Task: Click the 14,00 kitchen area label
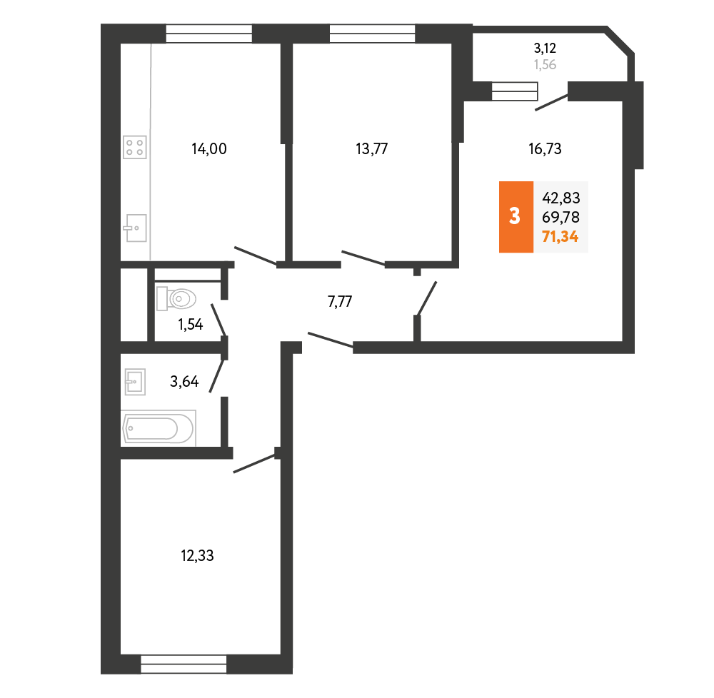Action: (x=209, y=148)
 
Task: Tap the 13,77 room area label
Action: (x=371, y=148)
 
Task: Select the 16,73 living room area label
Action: (x=545, y=148)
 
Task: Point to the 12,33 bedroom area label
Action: (x=197, y=555)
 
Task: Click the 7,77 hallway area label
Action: (x=340, y=301)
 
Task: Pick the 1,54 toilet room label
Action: (x=191, y=325)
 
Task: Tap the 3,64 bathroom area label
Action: (x=184, y=381)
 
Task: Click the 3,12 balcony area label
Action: (x=545, y=49)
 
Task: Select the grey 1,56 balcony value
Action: (x=545, y=65)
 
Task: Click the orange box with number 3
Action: (x=516, y=216)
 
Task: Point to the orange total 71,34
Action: (x=560, y=237)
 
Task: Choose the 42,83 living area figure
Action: (x=560, y=198)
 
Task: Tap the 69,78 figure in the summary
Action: (x=560, y=217)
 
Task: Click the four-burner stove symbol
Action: (x=135, y=147)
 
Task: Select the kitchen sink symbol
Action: (x=135, y=228)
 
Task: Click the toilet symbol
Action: (x=176, y=298)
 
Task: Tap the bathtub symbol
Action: (x=159, y=428)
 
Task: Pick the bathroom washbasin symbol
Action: (x=135, y=382)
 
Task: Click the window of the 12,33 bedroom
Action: (x=183, y=664)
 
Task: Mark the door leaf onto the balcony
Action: (x=551, y=102)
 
